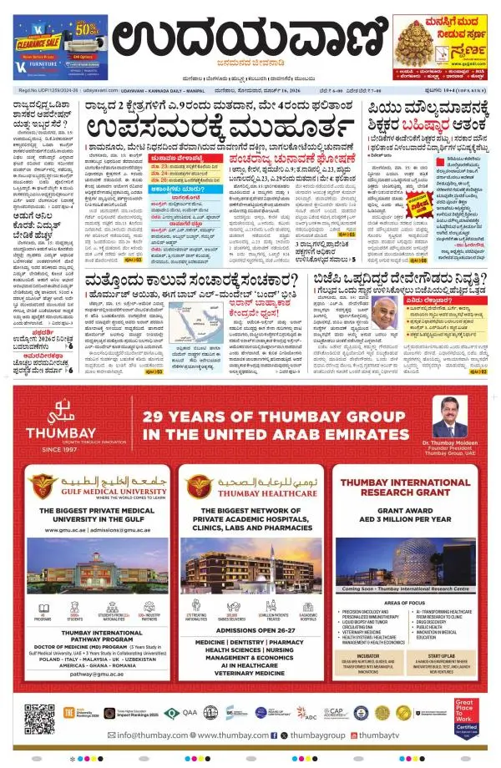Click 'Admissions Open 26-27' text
pyautogui.click(x=251, y=631)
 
